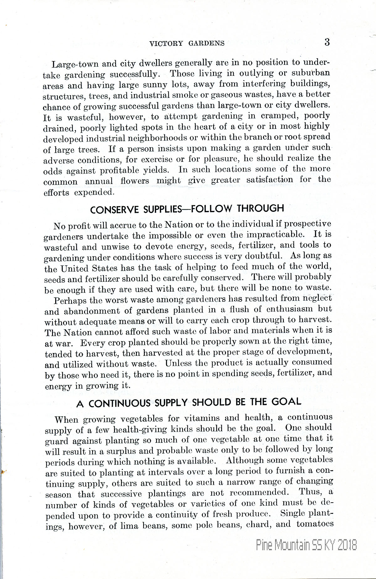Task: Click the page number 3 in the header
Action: click(x=327, y=42)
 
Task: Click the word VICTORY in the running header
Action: click(x=166, y=44)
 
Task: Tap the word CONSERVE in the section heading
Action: click(x=114, y=210)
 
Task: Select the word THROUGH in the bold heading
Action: click(x=260, y=208)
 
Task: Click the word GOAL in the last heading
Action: click(x=286, y=402)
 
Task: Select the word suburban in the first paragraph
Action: click(x=311, y=73)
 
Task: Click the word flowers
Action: click(x=135, y=181)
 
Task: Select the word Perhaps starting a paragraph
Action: click(x=70, y=301)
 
